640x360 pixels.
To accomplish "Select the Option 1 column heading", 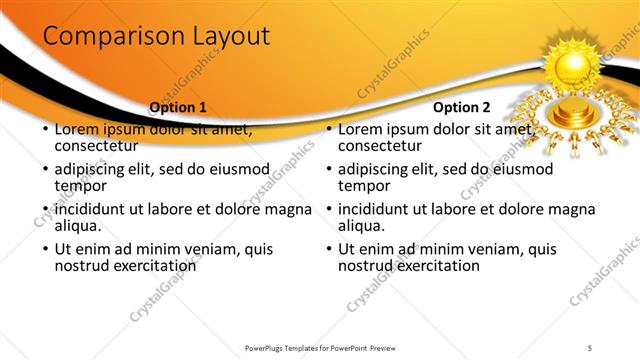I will click(178, 107).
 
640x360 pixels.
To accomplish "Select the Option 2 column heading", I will click(462, 107).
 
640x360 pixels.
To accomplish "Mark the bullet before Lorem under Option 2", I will click(328, 130).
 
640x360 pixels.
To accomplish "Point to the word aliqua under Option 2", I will click(363, 226).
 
